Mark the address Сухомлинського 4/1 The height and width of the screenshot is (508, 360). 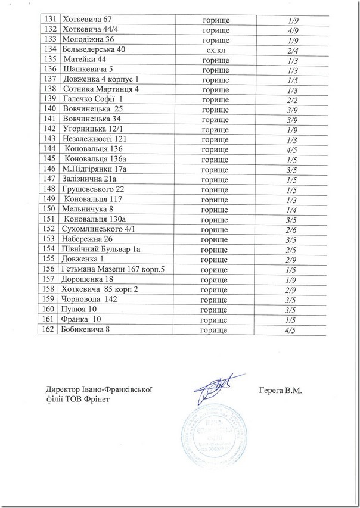point(100,229)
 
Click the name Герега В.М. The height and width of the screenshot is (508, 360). point(281,391)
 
